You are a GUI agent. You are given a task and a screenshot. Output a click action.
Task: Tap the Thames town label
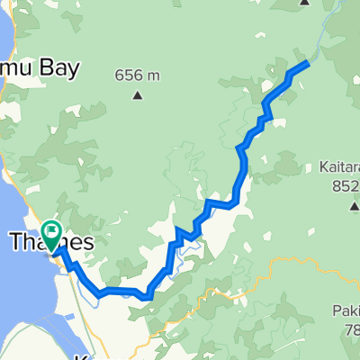point(52,242)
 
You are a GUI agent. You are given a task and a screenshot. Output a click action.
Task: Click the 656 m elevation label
point(138,75)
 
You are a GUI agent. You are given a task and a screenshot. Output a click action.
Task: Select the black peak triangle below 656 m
point(138,95)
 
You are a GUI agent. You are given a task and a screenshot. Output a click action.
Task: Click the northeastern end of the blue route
point(308,62)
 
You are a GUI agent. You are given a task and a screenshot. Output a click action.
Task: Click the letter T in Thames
point(15,242)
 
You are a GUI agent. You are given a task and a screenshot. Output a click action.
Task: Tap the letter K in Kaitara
point(322,166)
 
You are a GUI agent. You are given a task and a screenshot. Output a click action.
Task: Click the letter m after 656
point(154,76)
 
